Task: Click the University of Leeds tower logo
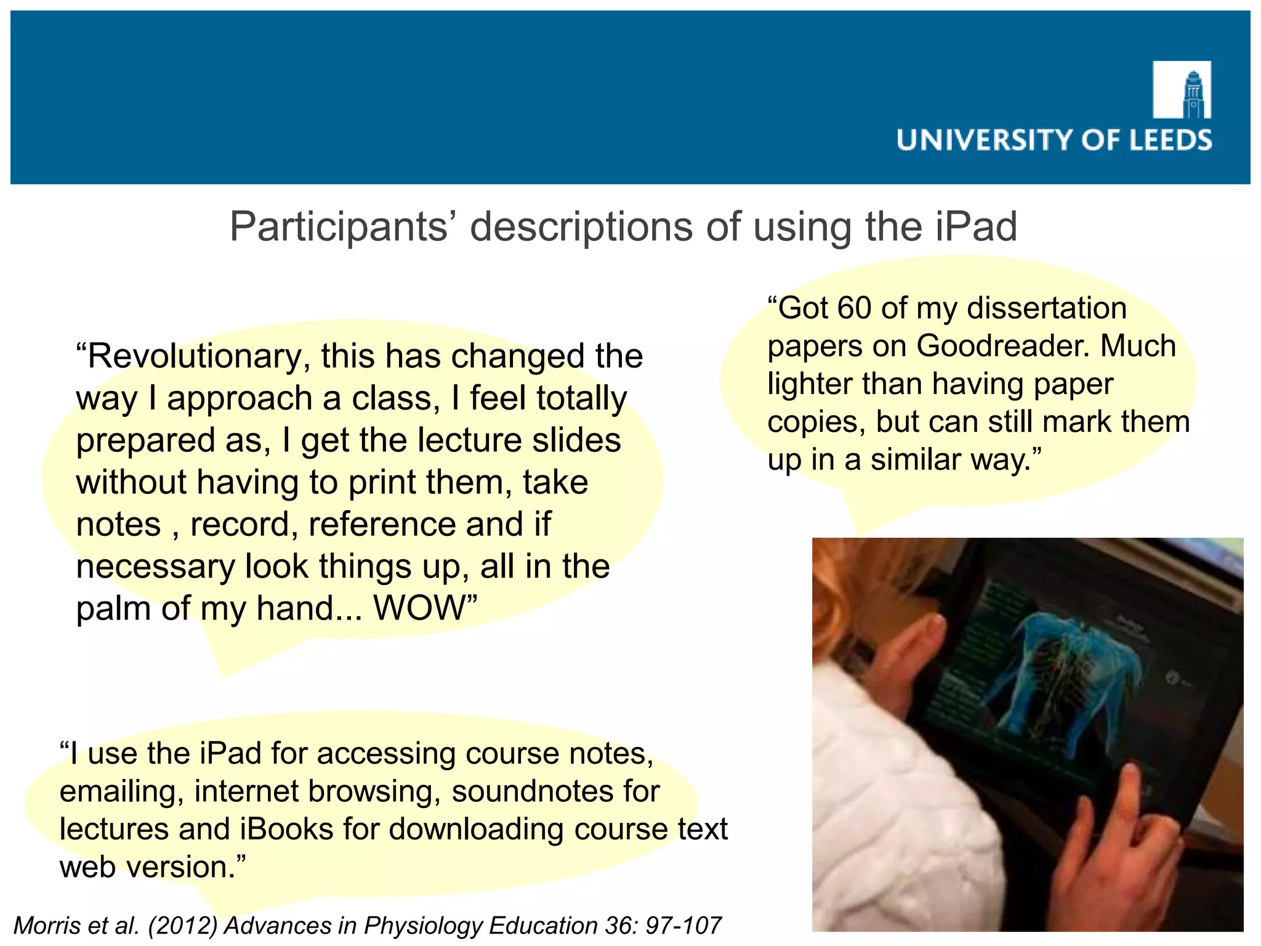pyautogui.click(x=1182, y=90)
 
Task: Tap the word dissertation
pyautogui.click(x=1047, y=308)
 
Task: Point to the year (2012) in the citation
pyautogui.click(x=182, y=926)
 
